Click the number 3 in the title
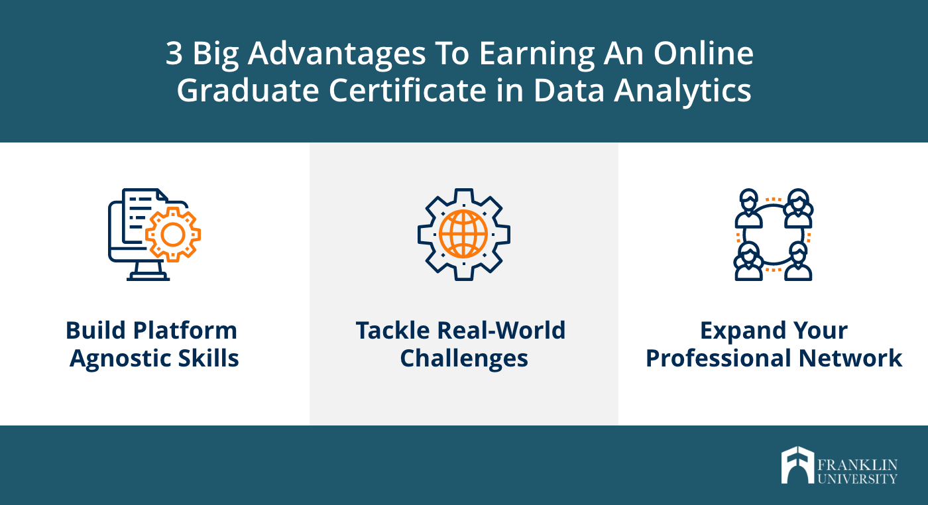(x=174, y=53)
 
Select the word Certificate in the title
(x=408, y=90)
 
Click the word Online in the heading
(x=703, y=53)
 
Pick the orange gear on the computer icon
(x=173, y=235)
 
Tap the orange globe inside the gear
(x=463, y=234)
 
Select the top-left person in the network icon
(x=748, y=208)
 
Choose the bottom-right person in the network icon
(x=798, y=261)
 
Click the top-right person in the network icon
(x=798, y=208)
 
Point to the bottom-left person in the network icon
(x=748, y=261)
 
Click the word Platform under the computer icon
(x=185, y=331)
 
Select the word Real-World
(x=501, y=330)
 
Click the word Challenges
(x=464, y=359)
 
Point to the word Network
(x=850, y=358)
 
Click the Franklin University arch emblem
(x=797, y=465)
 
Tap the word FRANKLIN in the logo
(x=858, y=465)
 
